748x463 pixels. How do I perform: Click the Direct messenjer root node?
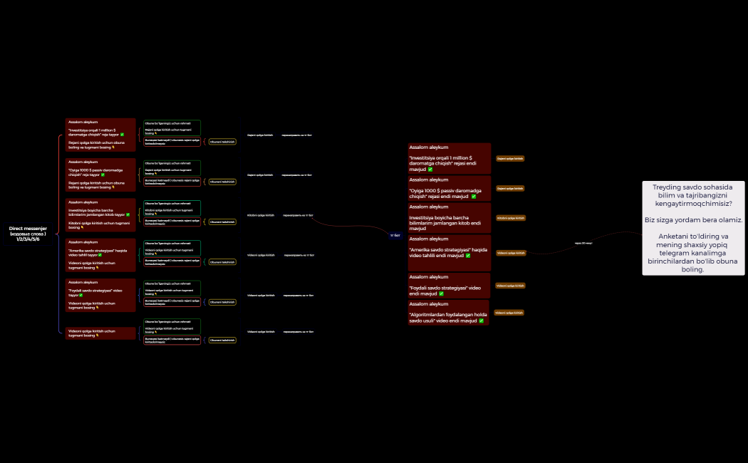(28, 234)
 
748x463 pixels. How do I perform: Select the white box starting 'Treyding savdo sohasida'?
(693, 228)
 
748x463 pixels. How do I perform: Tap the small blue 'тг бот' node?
(396, 234)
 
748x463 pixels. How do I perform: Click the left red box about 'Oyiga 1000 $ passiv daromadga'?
(100, 175)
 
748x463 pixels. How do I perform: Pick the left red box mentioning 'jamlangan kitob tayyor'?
(100, 215)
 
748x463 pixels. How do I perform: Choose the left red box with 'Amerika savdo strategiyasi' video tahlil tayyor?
(100, 255)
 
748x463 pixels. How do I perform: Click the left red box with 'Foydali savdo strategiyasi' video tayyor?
(100, 295)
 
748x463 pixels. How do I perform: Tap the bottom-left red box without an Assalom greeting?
(100, 333)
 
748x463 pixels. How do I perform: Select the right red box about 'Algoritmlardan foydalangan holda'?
(450, 313)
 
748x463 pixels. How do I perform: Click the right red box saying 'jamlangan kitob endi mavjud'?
(450, 218)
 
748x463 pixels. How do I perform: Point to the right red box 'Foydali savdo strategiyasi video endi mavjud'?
(450, 286)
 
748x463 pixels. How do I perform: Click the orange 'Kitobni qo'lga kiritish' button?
(510, 218)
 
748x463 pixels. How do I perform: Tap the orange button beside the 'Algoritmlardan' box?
(509, 313)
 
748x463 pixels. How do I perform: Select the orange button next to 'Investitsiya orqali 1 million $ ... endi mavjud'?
(510, 158)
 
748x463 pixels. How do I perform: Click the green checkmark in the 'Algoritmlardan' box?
(482, 321)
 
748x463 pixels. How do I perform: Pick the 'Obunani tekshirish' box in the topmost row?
(222, 142)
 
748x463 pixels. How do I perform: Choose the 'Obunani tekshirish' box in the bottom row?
(222, 340)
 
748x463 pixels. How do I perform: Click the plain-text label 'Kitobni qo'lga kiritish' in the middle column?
(260, 215)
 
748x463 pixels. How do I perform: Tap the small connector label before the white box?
(583, 243)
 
